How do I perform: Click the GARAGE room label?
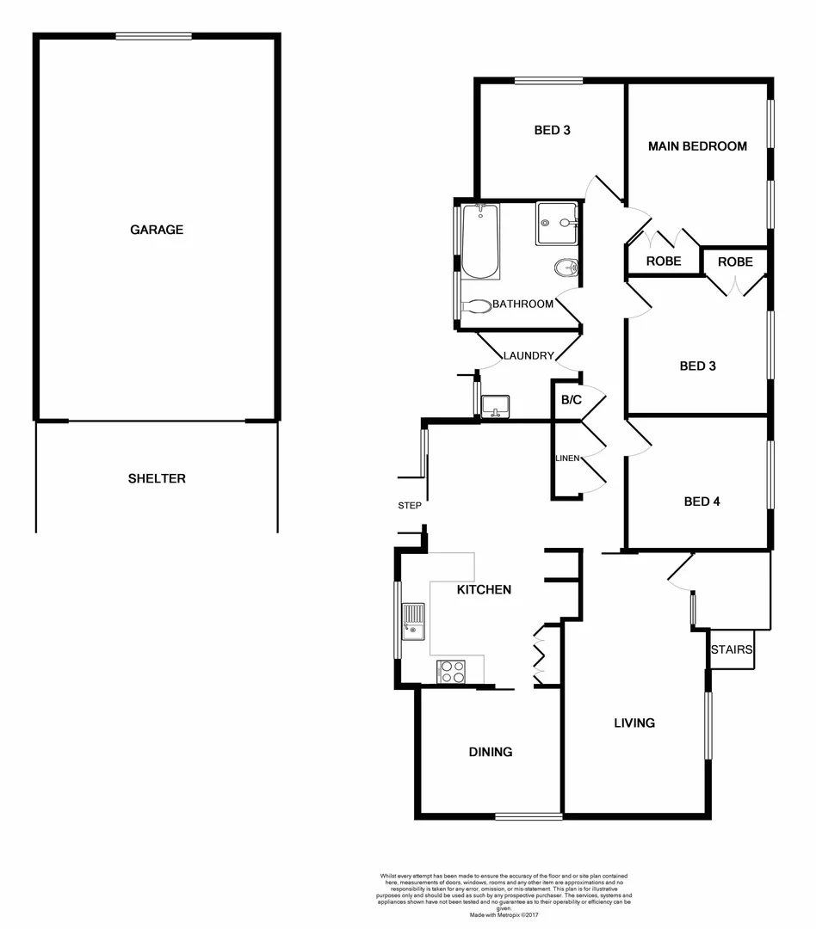[x=157, y=230]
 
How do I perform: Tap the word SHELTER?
[x=157, y=479]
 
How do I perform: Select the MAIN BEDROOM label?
[x=697, y=146]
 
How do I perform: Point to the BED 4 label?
[x=702, y=501]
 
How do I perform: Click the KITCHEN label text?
[x=484, y=590]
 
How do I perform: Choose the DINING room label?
[x=491, y=752]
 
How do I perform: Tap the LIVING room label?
[x=634, y=723]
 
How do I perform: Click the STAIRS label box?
[x=733, y=650]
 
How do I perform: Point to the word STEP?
[x=410, y=506]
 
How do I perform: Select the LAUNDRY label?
[x=528, y=356]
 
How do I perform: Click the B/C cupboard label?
[x=571, y=400]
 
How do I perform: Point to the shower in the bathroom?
[x=557, y=224]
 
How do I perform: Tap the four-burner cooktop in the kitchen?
[x=452, y=671]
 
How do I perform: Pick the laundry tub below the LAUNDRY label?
[x=496, y=405]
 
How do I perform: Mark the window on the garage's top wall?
[x=154, y=35]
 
